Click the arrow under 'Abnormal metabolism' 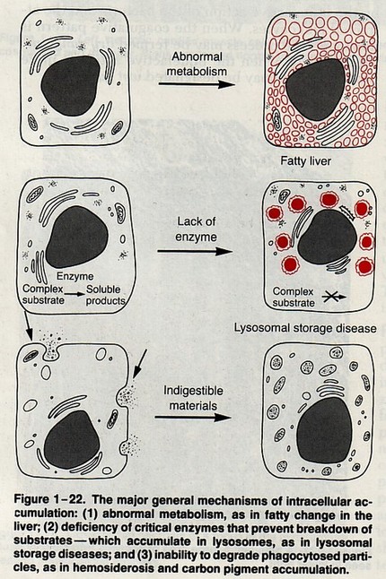[x=197, y=84]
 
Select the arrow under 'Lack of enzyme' [x=195, y=252]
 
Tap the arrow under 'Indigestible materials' [x=193, y=418]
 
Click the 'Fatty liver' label [x=305, y=161]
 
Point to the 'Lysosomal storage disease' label [x=305, y=328]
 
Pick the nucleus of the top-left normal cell [x=70, y=86]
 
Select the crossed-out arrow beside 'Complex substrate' [x=334, y=297]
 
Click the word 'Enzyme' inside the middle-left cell [x=75, y=276]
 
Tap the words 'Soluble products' [x=105, y=295]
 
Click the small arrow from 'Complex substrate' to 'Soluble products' [x=75, y=295]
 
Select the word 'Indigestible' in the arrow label [x=193, y=391]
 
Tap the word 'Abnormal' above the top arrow [x=197, y=56]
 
